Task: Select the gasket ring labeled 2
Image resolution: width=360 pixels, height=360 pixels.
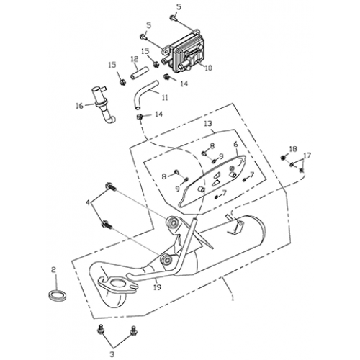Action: [x=58, y=294]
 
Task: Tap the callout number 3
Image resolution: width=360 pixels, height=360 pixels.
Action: [x=112, y=354]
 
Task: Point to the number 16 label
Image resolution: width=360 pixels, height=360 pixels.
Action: [x=79, y=105]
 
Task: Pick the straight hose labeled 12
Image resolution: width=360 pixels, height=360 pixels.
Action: [x=140, y=73]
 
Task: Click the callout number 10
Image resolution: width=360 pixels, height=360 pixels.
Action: [x=208, y=68]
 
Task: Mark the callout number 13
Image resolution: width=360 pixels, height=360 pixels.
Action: [x=208, y=124]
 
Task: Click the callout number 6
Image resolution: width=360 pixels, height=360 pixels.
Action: [x=235, y=144]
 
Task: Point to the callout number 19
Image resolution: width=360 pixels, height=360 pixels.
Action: [x=157, y=287]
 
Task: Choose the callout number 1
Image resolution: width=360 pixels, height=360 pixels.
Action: [x=233, y=298]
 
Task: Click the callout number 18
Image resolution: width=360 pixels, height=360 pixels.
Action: [x=293, y=149]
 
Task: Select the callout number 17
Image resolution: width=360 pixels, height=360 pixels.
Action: [x=307, y=156]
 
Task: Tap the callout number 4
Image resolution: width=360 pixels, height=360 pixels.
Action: [x=88, y=203]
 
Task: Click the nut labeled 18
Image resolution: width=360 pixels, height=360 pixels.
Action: [x=283, y=158]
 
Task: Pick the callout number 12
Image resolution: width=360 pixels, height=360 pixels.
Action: [x=135, y=58]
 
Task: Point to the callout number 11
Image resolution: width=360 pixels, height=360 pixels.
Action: [x=165, y=98]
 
